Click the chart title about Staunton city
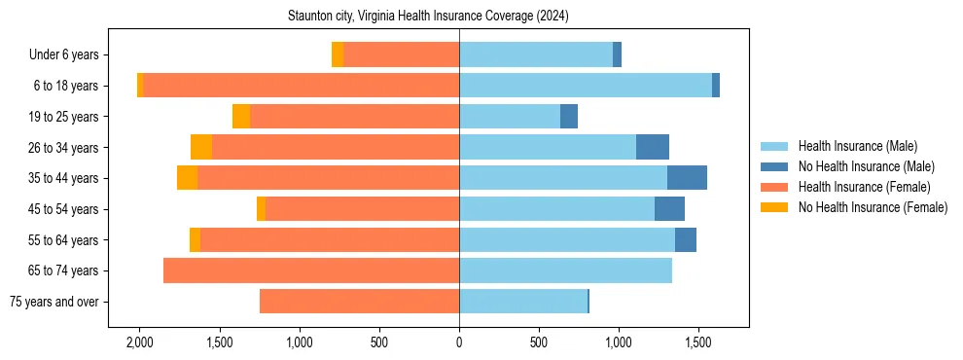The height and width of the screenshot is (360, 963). click(x=428, y=17)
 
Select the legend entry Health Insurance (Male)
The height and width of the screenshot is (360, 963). click(x=857, y=146)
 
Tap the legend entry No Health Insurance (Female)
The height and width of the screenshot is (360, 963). click(x=873, y=207)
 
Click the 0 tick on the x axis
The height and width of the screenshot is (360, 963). click(x=459, y=343)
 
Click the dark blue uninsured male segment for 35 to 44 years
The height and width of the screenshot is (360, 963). click(x=687, y=178)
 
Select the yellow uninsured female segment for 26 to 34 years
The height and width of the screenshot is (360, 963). click(x=201, y=147)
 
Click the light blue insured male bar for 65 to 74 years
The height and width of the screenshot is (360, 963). click(x=565, y=270)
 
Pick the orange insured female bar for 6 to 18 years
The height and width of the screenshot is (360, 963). click(x=302, y=86)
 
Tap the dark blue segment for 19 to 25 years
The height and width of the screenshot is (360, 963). click(x=569, y=117)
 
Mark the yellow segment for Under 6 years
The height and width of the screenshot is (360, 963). click(x=338, y=55)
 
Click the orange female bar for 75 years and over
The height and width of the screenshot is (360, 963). click(x=359, y=302)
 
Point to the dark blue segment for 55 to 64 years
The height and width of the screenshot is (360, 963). click(x=686, y=239)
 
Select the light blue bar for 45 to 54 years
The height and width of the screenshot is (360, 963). click(x=556, y=209)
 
